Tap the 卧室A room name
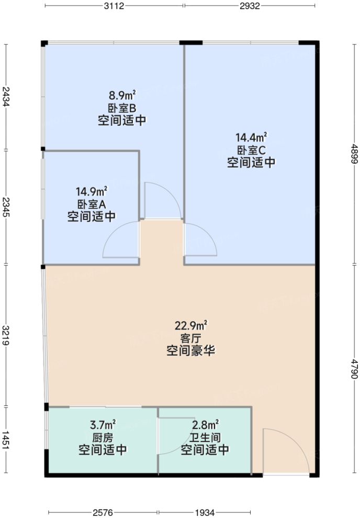[92, 204]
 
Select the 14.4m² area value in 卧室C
[251, 138]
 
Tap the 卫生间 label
[205, 437]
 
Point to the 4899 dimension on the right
[354, 154]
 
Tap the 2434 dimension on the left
[5, 97]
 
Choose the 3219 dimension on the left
[5, 335]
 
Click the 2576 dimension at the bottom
[103, 512]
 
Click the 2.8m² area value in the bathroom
[205, 424]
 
